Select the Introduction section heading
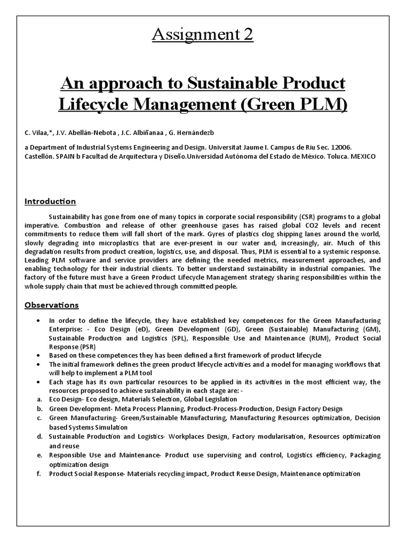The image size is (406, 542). [x=51, y=201]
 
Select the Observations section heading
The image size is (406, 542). [x=52, y=305]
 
